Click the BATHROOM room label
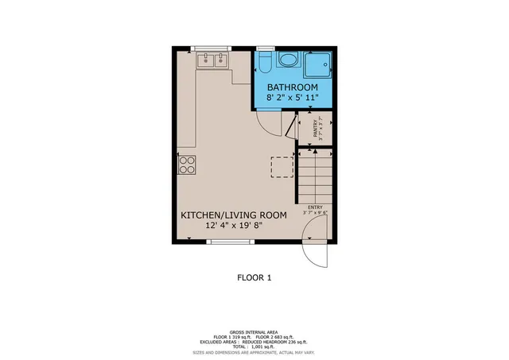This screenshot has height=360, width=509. [293, 87]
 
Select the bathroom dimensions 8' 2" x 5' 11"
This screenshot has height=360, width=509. [293, 97]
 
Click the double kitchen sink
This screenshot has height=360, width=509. [212, 59]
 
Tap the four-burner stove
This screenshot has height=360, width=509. [187, 165]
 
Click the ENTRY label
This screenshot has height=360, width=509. [315, 207]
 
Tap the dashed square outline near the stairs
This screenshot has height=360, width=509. [282, 166]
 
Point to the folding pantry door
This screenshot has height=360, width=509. [292, 127]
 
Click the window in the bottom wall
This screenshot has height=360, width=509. [231, 242]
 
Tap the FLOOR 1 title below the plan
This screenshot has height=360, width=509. [254, 278]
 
